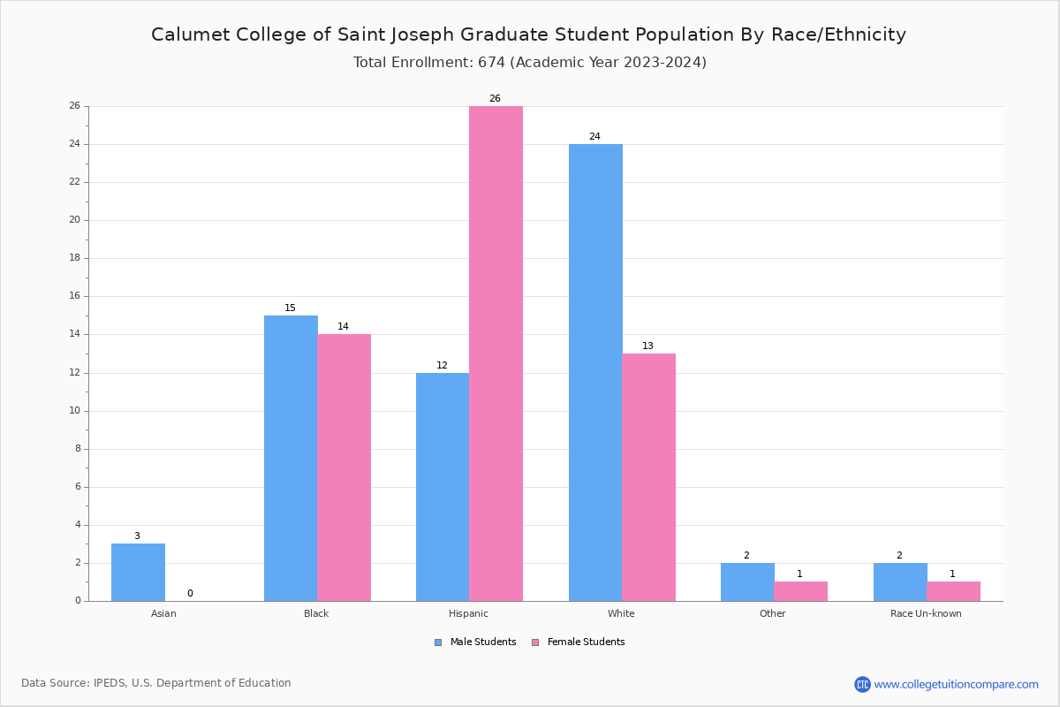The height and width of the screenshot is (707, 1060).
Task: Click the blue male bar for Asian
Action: pyautogui.click(x=138, y=572)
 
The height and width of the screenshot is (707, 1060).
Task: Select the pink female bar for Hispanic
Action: pyautogui.click(x=496, y=353)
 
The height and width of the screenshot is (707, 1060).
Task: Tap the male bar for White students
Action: pyautogui.click(x=595, y=372)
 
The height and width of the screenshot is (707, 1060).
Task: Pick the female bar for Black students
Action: pyautogui.click(x=344, y=468)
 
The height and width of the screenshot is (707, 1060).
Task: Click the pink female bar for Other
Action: pyautogui.click(x=800, y=591)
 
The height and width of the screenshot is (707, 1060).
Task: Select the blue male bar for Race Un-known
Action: pyautogui.click(x=899, y=582)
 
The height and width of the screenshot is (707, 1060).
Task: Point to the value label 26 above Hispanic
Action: pyautogui.click(x=495, y=98)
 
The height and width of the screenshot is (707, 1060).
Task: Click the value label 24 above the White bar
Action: pyautogui.click(x=594, y=136)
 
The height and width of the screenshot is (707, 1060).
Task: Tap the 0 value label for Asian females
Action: pyautogui.click(x=190, y=593)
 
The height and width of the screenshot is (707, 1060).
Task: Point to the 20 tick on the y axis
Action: pyautogui.click(x=77, y=220)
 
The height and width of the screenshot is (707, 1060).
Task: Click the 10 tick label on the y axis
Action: pyautogui.click(x=77, y=410)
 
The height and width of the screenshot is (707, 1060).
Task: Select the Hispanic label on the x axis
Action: pyautogui.click(x=468, y=613)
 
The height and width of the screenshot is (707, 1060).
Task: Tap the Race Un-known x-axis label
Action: pyautogui.click(x=926, y=613)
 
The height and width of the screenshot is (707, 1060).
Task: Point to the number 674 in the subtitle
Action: pyautogui.click(x=492, y=62)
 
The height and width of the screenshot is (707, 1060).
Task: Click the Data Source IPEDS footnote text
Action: pyautogui.click(x=156, y=683)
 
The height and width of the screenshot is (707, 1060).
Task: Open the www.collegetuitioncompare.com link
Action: pyautogui.click(x=956, y=684)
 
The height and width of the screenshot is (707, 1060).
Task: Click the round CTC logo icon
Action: pyautogui.click(x=862, y=684)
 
